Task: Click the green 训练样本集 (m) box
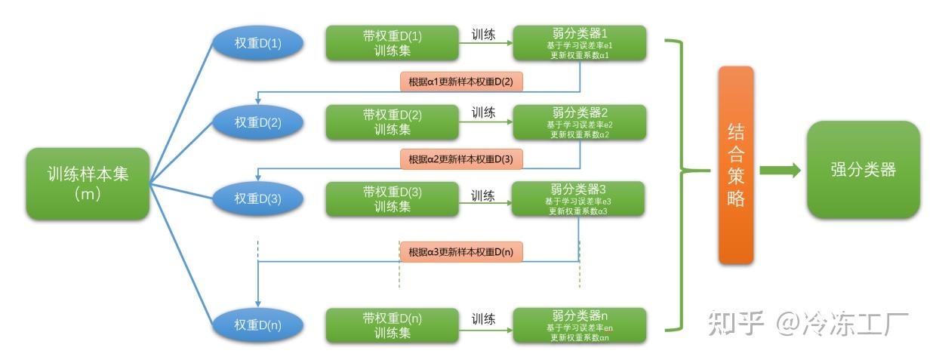[x=88, y=183]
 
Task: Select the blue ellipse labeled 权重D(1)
[x=257, y=44]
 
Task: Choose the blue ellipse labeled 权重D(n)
[x=257, y=325]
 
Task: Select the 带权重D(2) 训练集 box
[x=392, y=122]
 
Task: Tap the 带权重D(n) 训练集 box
[x=392, y=325]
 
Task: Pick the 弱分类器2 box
[x=579, y=122]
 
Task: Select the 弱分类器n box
[x=579, y=325]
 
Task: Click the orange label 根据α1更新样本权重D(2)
[x=461, y=82]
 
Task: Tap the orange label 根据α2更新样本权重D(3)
[x=461, y=159]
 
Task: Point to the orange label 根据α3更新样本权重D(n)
[x=461, y=251]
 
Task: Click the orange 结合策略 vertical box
[x=735, y=165]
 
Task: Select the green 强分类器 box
[x=863, y=170]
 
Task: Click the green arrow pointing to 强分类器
[x=779, y=170]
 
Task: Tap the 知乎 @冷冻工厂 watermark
[x=807, y=323]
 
